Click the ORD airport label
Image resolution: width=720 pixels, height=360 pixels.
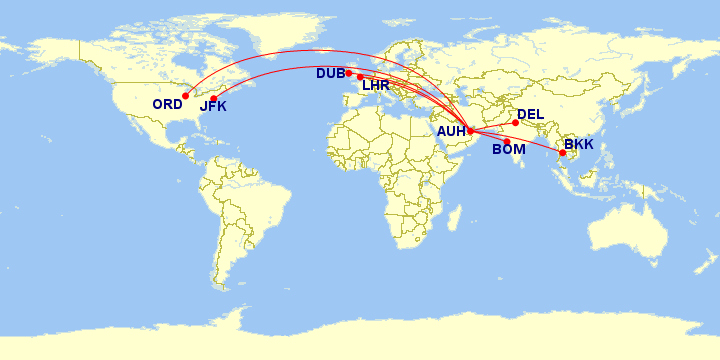click(x=167, y=104)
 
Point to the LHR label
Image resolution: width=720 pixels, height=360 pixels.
click(x=376, y=86)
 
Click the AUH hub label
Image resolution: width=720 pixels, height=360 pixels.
click(x=452, y=130)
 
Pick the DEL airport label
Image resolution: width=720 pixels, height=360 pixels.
click(x=531, y=115)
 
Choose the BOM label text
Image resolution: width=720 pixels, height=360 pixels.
click(x=509, y=150)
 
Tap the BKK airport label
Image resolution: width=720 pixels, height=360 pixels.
click(x=579, y=145)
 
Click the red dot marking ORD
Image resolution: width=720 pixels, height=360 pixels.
click(x=185, y=96)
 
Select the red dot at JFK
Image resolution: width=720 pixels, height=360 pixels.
click(x=213, y=98)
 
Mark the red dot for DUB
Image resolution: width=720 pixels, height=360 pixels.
click(x=349, y=73)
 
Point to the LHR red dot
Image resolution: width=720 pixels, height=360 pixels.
click(x=360, y=77)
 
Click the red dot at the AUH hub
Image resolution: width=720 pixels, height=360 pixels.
click(x=470, y=131)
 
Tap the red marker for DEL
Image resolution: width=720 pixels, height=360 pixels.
click(x=516, y=123)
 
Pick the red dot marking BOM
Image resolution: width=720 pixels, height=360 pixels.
click(x=507, y=141)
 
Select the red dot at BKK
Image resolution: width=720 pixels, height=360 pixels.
click(x=562, y=153)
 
